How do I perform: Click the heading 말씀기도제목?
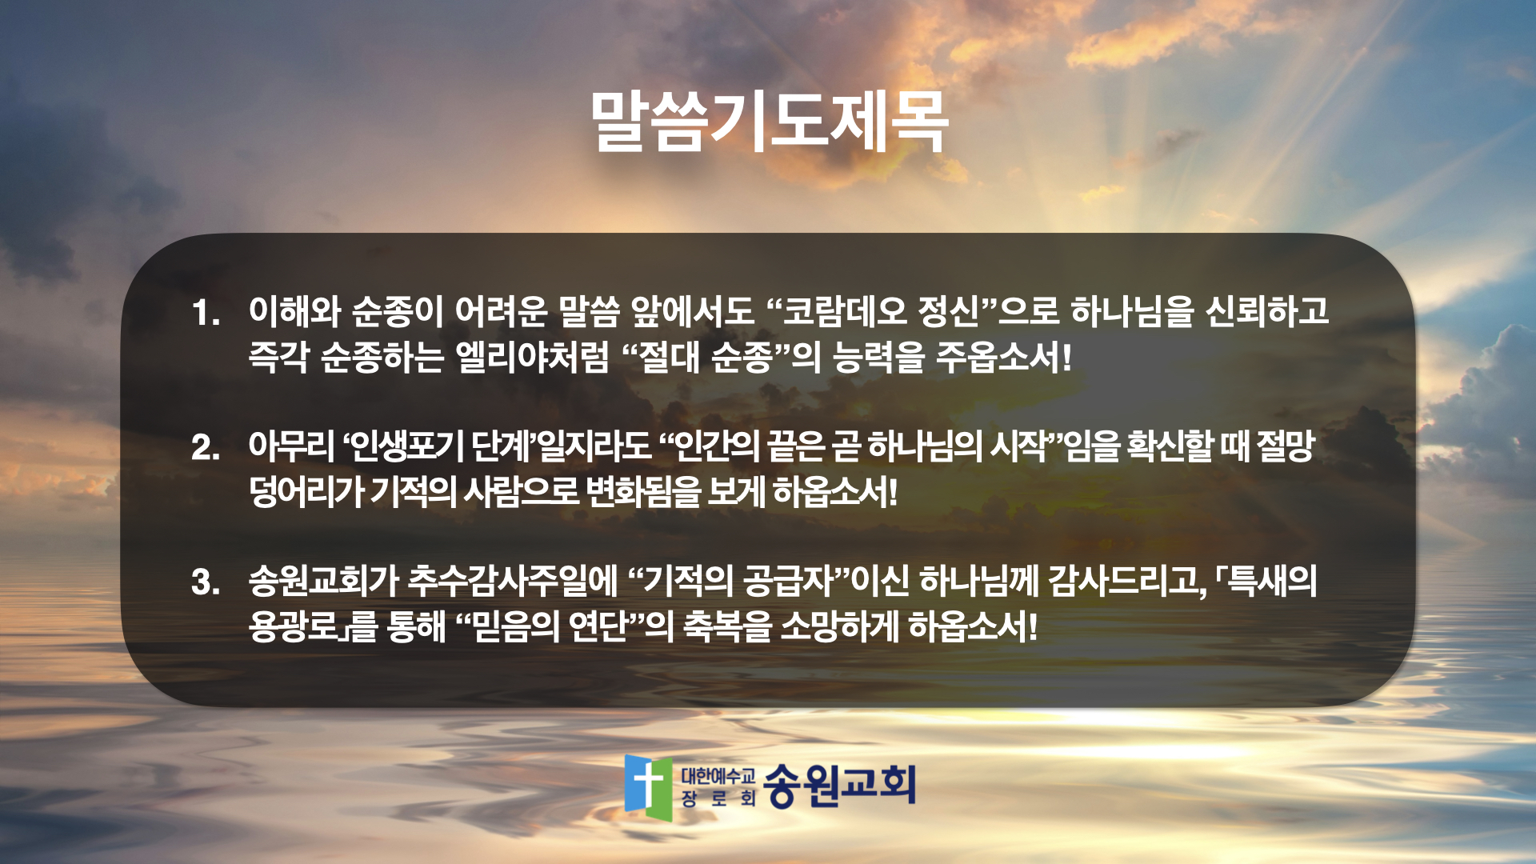(x=769, y=121)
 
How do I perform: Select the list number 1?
(x=206, y=313)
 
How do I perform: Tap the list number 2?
(x=206, y=447)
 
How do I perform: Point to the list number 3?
(x=206, y=582)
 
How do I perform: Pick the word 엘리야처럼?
(x=532, y=356)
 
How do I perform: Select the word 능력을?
(x=878, y=356)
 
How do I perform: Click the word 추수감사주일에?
(x=513, y=581)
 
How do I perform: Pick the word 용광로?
(x=294, y=626)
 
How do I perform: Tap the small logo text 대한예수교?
(x=718, y=775)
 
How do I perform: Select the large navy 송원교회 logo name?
(x=839, y=785)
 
